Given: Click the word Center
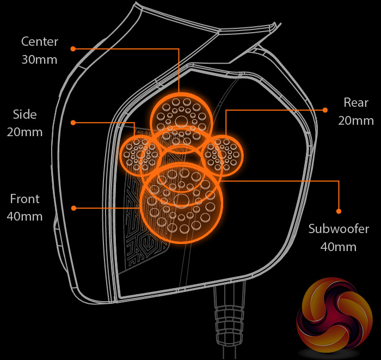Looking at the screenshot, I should pyautogui.click(x=39, y=41).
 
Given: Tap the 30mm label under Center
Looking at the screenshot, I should pyautogui.click(x=39, y=59).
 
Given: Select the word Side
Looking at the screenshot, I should pyautogui.click(x=25, y=114).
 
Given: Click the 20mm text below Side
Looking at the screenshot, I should pyautogui.click(x=25, y=132).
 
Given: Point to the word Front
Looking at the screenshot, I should pyautogui.click(x=24, y=199).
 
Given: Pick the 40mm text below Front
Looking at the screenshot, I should pyautogui.click(x=24, y=216).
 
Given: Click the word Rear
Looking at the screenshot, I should pyautogui.click(x=356, y=102).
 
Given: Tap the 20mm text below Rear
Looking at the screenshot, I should pyautogui.click(x=356, y=120).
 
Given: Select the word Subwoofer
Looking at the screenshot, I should pyautogui.click(x=339, y=229).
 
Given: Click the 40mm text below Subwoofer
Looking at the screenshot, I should pyautogui.click(x=339, y=247).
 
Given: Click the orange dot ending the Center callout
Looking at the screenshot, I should pyautogui.click(x=72, y=48).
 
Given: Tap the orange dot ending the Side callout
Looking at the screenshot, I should pyautogui.click(x=72, y=123).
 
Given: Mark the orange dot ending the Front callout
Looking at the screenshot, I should pyautogui.click(x=72, y=208).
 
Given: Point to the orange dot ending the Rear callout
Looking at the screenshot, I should pyautogui.click(x=325, y=110).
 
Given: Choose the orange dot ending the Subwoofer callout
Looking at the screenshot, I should pyautogui.click(x=339, y=211).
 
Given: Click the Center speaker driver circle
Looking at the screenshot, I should pyautogui.click(x=179, y=115).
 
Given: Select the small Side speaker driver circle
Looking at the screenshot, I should pyautogui.click(x=139, y=155).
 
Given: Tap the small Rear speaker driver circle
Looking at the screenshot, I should pyautogui.click(x=223, y=155).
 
